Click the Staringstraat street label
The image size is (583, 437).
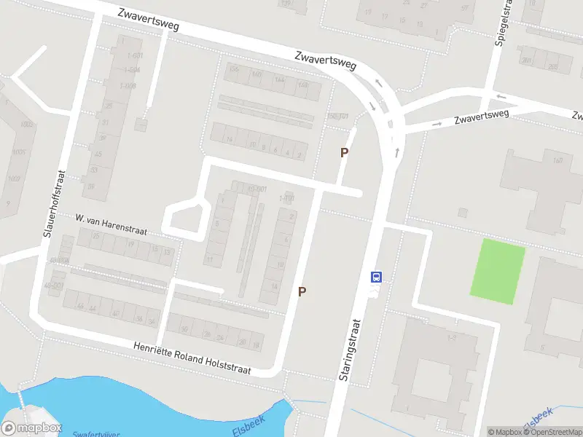pos(350,350)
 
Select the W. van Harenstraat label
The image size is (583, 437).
pos(111,225)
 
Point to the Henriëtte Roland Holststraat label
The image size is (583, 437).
pos(192,358)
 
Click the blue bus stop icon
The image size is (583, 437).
pos(377,277)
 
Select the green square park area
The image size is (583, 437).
pos(499,272)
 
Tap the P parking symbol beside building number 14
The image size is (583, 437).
pos(302,291)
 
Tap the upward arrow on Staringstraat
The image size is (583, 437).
pos(398,152)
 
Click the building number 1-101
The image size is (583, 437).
pos(286,198)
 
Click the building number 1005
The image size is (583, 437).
pos(28,125)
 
